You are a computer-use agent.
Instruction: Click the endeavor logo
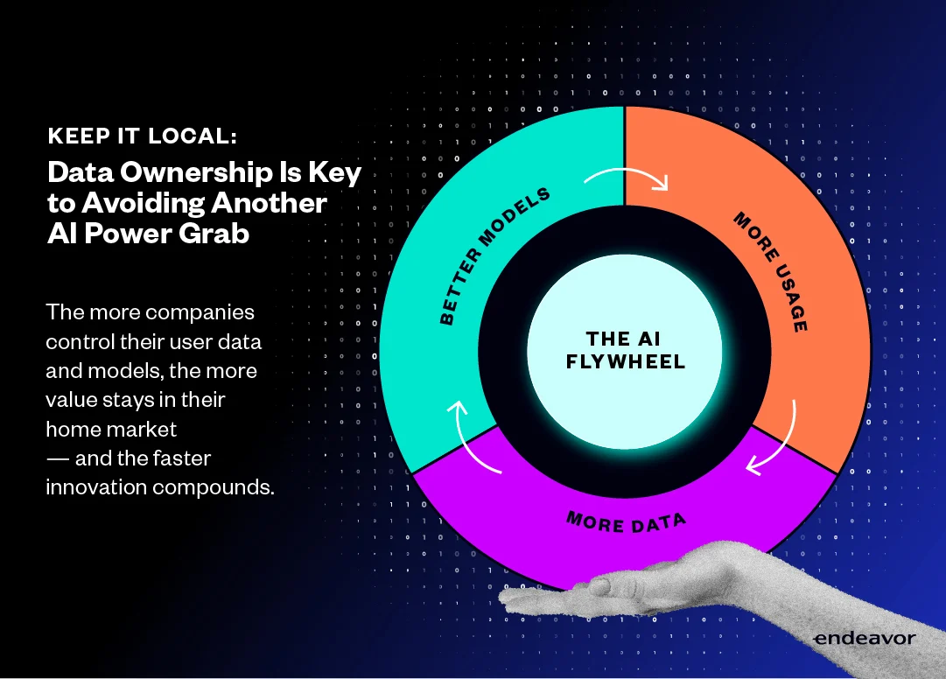pos(864,638)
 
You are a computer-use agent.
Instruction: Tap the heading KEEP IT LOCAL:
pos(143,136)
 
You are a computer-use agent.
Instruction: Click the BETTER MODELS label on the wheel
pos(494,255)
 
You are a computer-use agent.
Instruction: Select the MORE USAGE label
pos(771,271)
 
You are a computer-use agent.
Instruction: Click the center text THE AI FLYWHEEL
pos(625,350)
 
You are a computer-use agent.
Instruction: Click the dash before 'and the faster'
pos(57,458)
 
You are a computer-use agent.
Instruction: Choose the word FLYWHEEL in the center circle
pos(625,361)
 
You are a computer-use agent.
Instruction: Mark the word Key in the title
pos(335,173)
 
